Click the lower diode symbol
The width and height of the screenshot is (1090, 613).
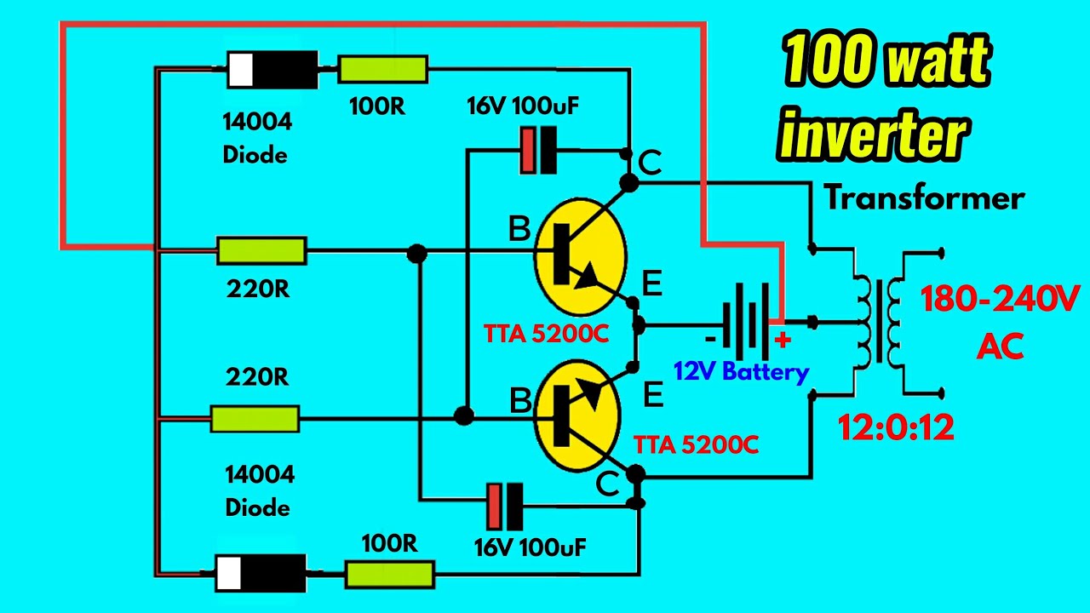point(260,572)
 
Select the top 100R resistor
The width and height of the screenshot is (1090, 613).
point(382,70)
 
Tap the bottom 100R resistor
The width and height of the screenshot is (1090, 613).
point(389,574)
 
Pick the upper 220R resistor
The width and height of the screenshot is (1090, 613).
point(261,251)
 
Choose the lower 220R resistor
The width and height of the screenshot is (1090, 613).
point(255,418)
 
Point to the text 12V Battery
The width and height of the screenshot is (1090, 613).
point(741,372)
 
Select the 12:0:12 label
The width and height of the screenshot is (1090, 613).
point(894,427)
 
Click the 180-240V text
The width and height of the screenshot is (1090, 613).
point(1000,300)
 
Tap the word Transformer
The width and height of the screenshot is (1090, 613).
point(924,198)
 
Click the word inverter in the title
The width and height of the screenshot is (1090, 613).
point(875,136)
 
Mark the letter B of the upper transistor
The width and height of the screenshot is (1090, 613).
point(519,229)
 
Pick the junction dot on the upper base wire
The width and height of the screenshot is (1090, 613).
point(417,253)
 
